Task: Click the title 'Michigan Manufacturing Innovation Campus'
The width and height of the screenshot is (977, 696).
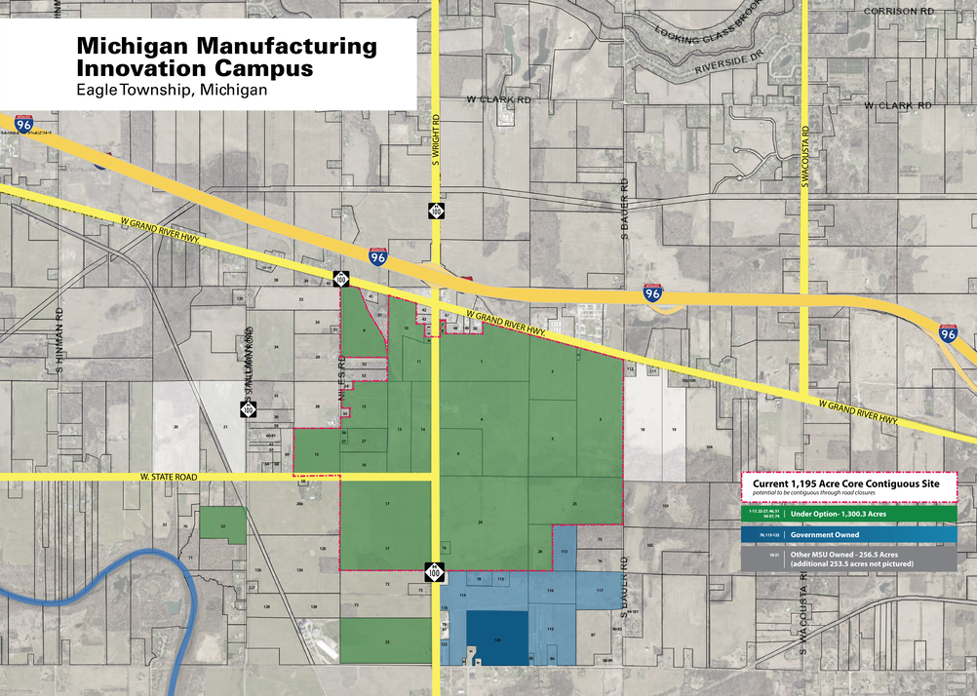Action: click(225, 58)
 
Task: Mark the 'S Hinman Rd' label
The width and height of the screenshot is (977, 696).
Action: click(59, 341)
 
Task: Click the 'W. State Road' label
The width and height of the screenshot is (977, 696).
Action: click(168, 477)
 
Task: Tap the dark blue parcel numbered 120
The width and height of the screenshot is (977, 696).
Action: click(497, 638)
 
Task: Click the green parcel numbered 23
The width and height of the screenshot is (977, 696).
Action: click(386, 640)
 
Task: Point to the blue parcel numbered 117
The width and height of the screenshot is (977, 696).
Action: click(600, 591)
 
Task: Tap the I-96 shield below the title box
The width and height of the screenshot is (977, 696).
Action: click(23, 124)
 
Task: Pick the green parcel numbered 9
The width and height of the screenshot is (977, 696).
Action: click(364, 330)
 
